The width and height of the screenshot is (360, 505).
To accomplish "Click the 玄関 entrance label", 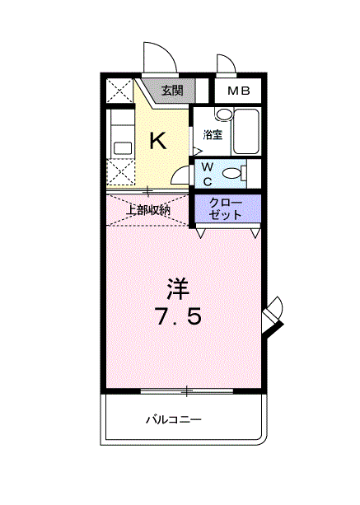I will [173, 90].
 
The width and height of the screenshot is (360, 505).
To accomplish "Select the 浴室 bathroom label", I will [212, 133].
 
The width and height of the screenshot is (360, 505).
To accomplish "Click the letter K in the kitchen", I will [157, 141].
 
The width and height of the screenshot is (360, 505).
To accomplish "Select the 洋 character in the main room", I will [178, 288].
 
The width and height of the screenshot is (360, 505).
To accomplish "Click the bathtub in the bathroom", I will [245, 132].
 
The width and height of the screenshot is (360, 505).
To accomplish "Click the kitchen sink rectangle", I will [122, 148].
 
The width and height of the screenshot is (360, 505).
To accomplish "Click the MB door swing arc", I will [224, 63].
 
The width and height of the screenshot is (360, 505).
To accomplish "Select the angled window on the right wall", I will [273, 316].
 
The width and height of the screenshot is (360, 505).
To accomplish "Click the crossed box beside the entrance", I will [120, 91].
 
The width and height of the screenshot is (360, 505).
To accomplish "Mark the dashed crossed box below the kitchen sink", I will [122, 174].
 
